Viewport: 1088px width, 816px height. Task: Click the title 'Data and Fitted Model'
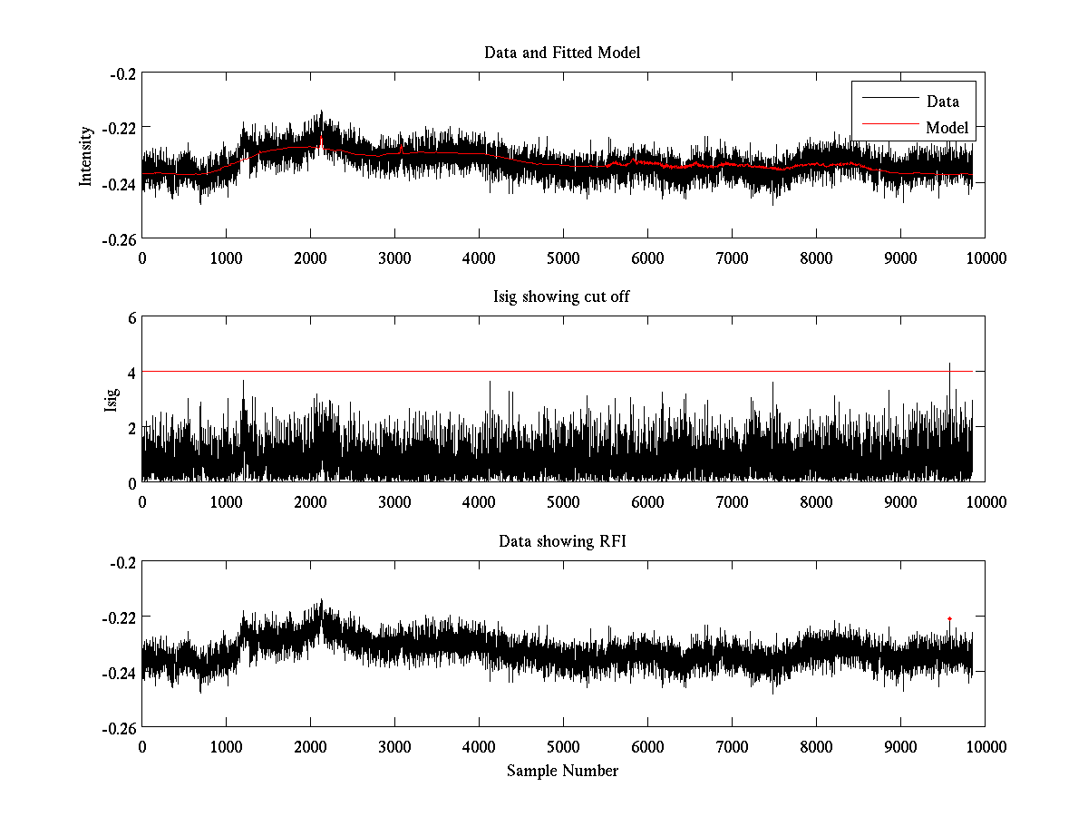coord(562,53)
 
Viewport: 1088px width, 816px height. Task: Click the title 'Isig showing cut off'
coord(562,297)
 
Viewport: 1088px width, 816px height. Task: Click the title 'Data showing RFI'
coord(562,541)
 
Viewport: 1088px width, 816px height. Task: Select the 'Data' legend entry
coord(942,102)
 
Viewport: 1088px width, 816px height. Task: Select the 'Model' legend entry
coord(947,128)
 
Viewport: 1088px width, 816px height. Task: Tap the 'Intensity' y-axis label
coord(86,155)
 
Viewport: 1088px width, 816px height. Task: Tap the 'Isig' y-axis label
coord(111,400)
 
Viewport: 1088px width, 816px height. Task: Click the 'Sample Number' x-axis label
coord(562,771)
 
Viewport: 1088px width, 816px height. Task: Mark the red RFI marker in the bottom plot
coord(949,618)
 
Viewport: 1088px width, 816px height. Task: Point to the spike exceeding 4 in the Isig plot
coord(949,364)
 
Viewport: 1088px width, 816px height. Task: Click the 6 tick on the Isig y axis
coord(131,317)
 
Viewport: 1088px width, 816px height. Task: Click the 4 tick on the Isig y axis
coord(131,372)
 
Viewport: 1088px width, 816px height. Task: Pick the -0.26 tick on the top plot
coord(119,239)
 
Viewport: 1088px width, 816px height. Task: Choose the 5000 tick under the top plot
coord(563,257)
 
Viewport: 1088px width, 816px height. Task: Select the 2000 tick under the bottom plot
coord(310,746)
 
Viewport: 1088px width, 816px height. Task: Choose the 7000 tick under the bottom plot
coord(732,746)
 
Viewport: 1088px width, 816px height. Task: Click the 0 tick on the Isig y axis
coord(131,482)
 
